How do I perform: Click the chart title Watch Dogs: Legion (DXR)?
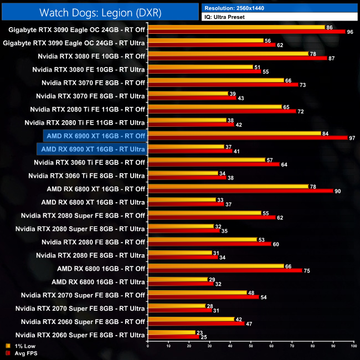[x=100, y=12]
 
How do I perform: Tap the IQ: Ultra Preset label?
[x=225, y=17]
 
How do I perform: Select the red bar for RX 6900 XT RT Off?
[x=248, y=137]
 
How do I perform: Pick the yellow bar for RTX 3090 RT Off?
[x=236, y=27]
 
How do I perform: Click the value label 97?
[x=353, y=137]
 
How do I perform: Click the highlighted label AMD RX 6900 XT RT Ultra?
[x=92, y=149]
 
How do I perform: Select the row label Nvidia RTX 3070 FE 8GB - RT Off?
[x=93, y=83]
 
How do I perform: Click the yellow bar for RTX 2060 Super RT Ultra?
[x=171, y=332]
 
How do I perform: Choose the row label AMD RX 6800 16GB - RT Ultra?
[x=98, y=281]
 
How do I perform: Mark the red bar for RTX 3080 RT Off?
[x=237, y=58]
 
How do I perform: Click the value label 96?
[x=351, y=32]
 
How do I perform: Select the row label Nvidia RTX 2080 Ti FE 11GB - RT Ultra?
[x=85, y=122]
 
